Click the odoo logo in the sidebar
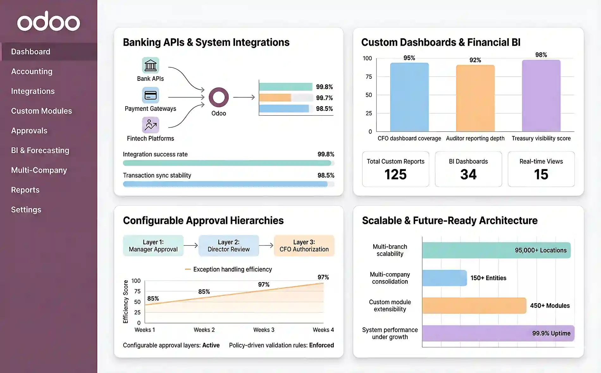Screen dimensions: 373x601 tap(48, 21)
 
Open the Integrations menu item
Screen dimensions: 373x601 tap(33, 91)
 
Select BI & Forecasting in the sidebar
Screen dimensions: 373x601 tap(40, 150)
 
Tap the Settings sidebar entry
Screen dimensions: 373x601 tap(26, 210)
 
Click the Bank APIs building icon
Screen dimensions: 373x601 tap(151, 65)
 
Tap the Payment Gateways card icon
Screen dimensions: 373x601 tap(151, 95)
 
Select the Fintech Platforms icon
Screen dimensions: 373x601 tap(151, 125)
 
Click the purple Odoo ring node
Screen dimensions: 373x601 tap(219, 97)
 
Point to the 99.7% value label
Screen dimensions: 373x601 tap(324, 98)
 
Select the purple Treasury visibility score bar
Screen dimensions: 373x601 tap(541, 96)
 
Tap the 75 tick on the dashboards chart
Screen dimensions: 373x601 tap(369, 77)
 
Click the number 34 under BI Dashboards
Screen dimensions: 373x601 tap(468, 175)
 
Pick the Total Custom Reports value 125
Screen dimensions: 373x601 tap(395, 175)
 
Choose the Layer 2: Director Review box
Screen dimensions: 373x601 tap(229, 246)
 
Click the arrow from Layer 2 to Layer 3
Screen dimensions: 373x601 tap(266, 245)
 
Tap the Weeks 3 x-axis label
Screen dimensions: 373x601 tap(264, 330)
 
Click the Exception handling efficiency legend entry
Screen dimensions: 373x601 tap(229, 269)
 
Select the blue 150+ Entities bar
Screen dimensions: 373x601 tap(444, 278)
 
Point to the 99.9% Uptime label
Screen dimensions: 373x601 tap(551, 334)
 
